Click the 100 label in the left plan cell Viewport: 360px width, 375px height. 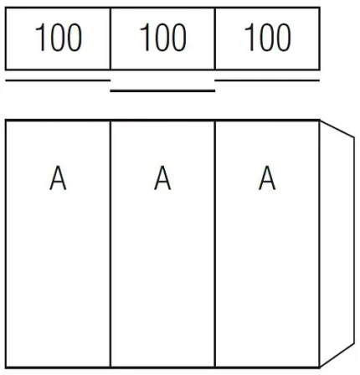[x=59, y=38]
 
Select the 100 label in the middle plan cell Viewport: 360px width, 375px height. [x=163, y=38]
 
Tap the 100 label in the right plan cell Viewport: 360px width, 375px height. [x=268, y=38]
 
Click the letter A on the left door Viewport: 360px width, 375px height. [x=58, y=177]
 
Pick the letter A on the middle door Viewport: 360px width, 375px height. [x=162, y=177]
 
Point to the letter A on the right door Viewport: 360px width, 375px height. [x=267, y=177]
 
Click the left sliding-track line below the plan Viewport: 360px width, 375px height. [x=58, y=80]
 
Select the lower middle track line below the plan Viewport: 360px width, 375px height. [x=162, y=90]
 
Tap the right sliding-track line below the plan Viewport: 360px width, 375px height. [x=267, y=80]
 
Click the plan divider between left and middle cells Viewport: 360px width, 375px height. [x=111, y=39]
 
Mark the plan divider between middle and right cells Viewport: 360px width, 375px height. [x=215, y=39]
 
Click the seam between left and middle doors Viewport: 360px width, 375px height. [x=111, y=244]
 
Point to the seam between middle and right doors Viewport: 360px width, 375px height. [x=215, y=244]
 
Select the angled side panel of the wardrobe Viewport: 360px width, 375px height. [x=337, y=244]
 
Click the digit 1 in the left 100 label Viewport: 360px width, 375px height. [x=40, y=38]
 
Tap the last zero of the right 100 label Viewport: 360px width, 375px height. [x=284, y=38]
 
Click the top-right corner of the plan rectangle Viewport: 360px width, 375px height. [x=320, y=8]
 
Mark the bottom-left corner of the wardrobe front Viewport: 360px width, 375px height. [x=6, y=367]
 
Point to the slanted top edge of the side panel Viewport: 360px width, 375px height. [x=337, y=129]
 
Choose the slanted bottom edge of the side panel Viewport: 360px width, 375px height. [x=337, y=355]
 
